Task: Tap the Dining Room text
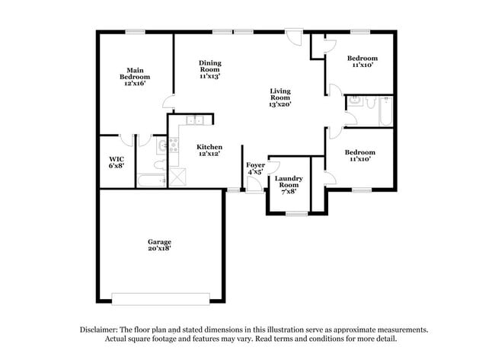click(x=209, y=70)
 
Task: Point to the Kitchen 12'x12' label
click(x=209, y=150)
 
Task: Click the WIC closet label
click(x=116, y=162)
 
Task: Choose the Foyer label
click(x=254, y=168)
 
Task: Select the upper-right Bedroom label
click(x=362, y=62)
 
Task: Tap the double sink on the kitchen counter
click(x=194, y=119)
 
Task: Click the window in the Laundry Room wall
click(x=296, y=214)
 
